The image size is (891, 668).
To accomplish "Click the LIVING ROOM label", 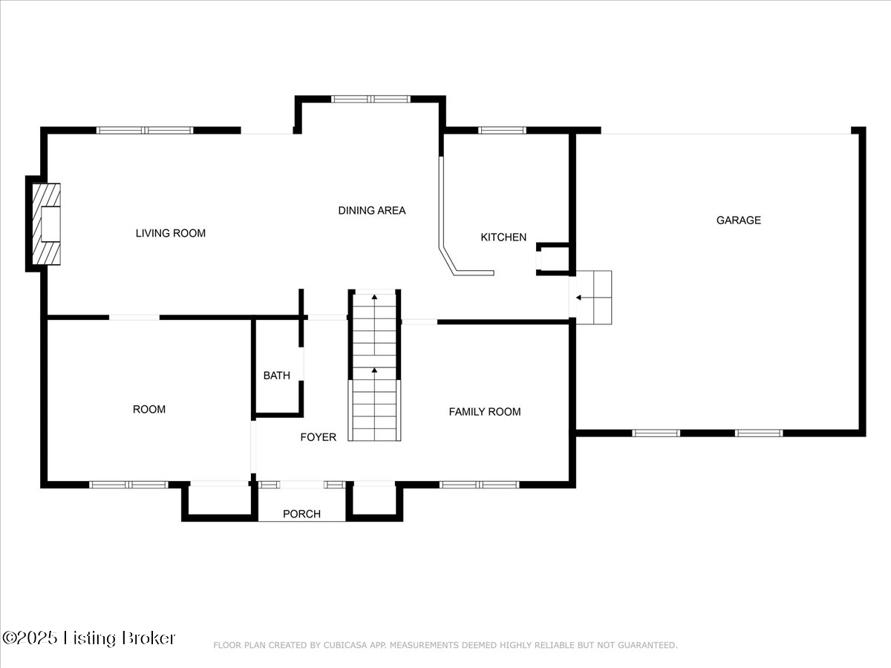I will point(170,233).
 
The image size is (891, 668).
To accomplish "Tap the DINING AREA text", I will point(371,211).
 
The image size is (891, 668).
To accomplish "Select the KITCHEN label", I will point(503,238).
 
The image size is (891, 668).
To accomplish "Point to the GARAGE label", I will point(738,220).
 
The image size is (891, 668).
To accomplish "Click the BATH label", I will point(276,376).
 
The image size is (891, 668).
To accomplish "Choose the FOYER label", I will point(318,437).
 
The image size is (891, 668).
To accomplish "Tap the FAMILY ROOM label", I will point(484,412).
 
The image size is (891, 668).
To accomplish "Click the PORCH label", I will point(301,514).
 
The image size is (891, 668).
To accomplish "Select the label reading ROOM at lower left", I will point(148,410).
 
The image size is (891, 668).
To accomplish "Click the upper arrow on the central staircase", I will point(374,298).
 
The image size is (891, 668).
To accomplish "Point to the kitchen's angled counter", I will point(448,260).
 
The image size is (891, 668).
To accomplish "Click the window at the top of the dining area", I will point(371,99).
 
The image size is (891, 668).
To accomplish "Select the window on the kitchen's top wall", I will point(502,131).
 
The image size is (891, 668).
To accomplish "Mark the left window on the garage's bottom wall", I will point(656,433).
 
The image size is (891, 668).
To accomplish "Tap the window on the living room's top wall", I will point(145,131).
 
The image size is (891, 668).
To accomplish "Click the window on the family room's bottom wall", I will point(479,485).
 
